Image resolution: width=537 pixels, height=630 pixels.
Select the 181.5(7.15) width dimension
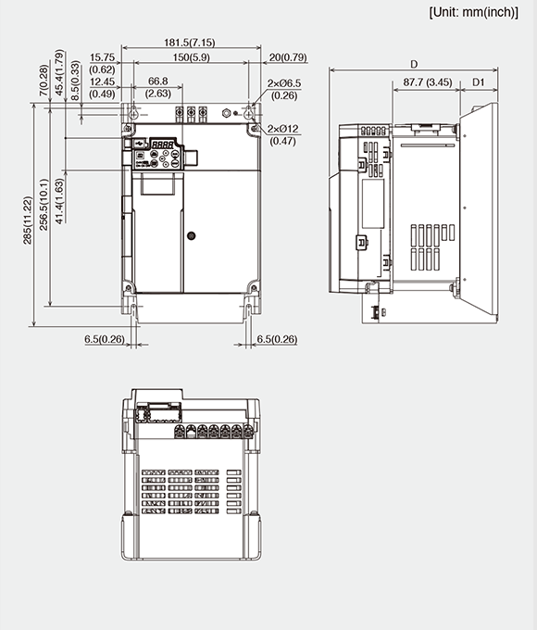click(190, 42)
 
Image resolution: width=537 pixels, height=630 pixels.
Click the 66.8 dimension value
click(157, 82)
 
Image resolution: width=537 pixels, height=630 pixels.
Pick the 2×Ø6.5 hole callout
click(282, 83)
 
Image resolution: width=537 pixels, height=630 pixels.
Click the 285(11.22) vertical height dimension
click(28, 220)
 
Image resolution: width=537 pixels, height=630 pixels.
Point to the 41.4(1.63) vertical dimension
click(60, 200)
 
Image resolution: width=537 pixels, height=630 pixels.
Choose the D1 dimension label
click(479, 82)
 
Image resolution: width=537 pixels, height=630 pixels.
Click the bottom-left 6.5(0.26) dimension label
click(104, 339)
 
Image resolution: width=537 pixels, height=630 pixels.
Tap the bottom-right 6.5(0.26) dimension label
click(277, 339)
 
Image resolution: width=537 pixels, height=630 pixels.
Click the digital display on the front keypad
click(165, 145)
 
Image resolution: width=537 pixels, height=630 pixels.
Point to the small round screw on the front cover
click(191, 235)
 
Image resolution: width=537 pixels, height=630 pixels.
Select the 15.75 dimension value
click(103, 57)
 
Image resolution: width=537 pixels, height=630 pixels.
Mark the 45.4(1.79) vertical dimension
click(60, 71)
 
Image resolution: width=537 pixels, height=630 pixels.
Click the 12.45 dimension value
click(103, 82)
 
